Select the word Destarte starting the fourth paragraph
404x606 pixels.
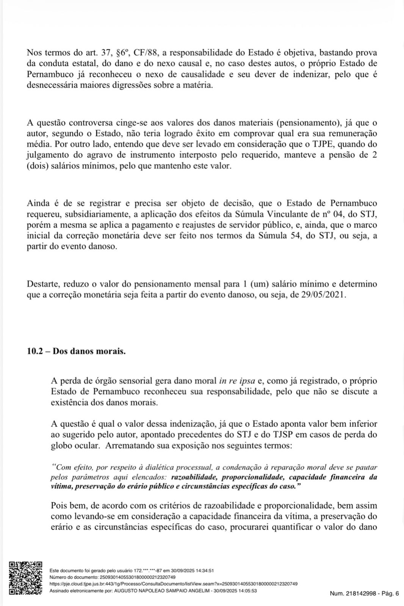pyautogui.click(x=42, y=284)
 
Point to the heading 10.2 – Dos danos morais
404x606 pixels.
pyautogui.click(x=76, y=351)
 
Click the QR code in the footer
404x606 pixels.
pyautogui.click(x=25, y=578)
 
